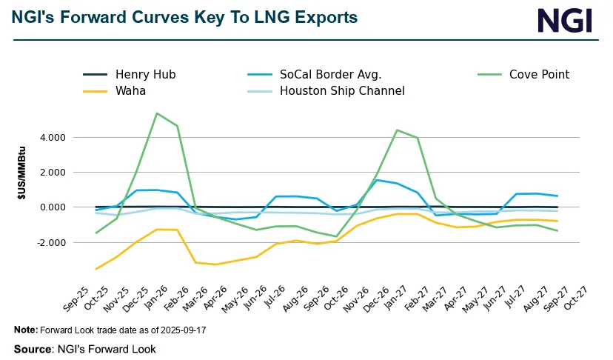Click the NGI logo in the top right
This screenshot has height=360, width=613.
coord(565,20)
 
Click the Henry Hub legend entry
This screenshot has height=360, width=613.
coord(145,74)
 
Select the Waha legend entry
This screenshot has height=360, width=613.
coord(130,91)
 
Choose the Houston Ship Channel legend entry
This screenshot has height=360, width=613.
coord(342,91)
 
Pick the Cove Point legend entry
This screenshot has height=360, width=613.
coord(539,74)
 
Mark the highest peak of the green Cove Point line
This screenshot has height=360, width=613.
coord(157,113)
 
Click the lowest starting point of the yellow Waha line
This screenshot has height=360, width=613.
coord(96,269)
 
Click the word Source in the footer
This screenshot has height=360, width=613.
coord(30,348)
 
